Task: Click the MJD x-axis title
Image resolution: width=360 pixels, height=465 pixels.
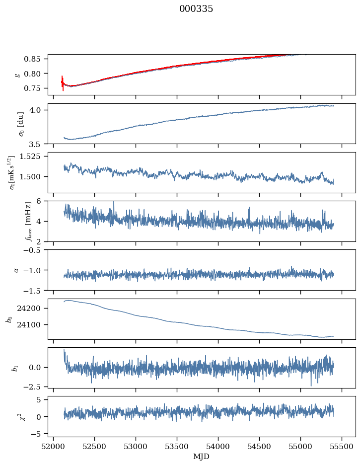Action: (x=201, y=456)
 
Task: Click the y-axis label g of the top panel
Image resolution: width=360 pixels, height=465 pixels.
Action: (x=17, y=75)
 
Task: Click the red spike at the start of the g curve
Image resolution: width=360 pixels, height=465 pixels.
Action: (x=63, y=82)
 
